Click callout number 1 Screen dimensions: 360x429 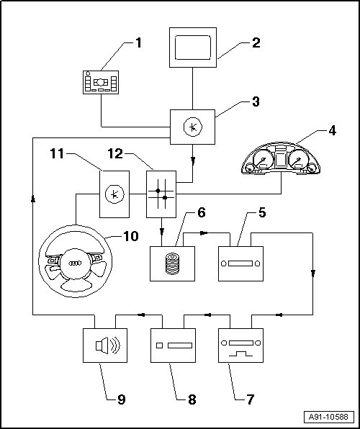[x=139, y=42]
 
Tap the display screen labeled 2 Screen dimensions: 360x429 [x=193, y=48]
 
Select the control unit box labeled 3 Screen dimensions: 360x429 [x=192, y=127]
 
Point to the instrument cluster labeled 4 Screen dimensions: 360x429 [x=281, y=158]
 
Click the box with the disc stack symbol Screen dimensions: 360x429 [x=172, y=263]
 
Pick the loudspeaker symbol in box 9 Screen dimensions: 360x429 [x=107, y=346]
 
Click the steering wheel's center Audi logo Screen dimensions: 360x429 [x=75, y=263]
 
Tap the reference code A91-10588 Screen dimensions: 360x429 [x=329, y=417]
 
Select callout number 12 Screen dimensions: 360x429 [x=115, y=154]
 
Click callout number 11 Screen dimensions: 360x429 [x=57, y=154]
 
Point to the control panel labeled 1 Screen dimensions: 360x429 [x=101, y=82]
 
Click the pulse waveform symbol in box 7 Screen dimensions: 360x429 [x=240, y=353]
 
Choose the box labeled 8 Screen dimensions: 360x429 [x=173, y=346]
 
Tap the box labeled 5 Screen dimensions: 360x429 [x=240, y=263]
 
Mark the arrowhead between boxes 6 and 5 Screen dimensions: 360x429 [x=204, y=233]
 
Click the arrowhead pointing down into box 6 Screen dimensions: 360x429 [x=161, y=232]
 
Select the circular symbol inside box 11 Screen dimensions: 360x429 [x=114, y=194]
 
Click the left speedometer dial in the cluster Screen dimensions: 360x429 [x=263, y=160]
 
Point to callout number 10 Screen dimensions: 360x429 [x=131, y=236]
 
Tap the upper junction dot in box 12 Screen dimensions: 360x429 [x=158, y=191]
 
